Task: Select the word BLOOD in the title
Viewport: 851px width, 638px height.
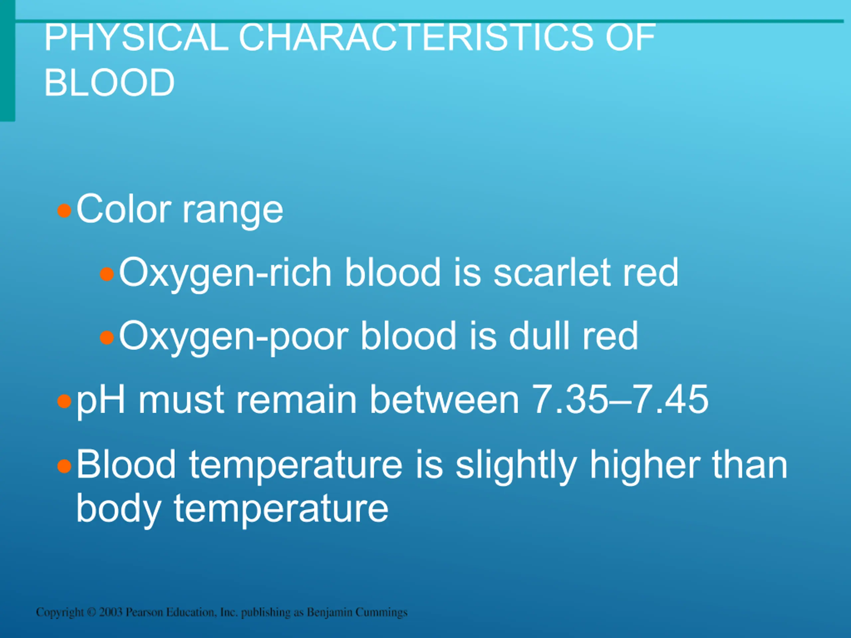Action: tap(110, 82)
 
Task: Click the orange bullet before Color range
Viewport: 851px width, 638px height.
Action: tap(64, 211)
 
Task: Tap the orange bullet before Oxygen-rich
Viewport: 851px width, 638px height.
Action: tap(107, 274)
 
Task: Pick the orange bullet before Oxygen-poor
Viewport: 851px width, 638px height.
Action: tap(107, 338)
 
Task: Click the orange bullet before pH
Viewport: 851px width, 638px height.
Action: tap(64, 401)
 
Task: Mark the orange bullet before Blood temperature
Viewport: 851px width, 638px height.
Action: tap(64, 467)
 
